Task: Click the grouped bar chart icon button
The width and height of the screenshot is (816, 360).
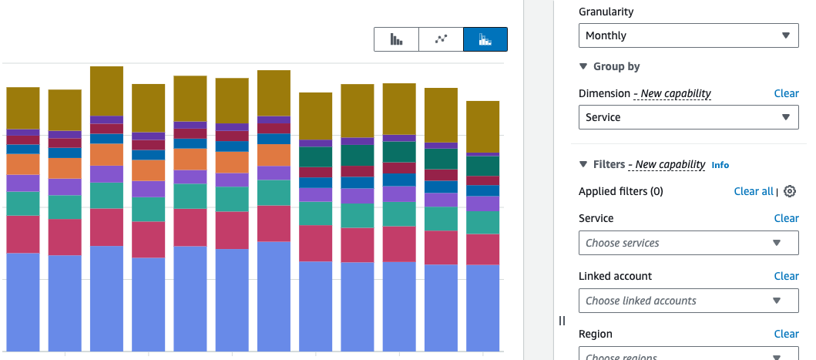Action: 396,39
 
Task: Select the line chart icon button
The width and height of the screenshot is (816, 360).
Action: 441,39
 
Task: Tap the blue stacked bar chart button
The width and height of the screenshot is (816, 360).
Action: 485,39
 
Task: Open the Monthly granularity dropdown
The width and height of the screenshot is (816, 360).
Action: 689,35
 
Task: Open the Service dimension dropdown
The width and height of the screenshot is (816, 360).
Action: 689,117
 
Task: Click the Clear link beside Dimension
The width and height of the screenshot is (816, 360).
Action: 787,93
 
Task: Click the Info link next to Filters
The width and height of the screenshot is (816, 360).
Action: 720,165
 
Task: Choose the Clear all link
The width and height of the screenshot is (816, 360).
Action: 754,191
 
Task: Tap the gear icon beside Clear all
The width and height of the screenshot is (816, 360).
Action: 790,191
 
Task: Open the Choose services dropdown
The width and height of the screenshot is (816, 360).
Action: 689,243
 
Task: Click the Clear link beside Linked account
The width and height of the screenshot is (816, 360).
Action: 787,276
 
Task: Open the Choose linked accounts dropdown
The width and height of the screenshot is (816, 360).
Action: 689,301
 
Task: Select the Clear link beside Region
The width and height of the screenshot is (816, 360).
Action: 787,334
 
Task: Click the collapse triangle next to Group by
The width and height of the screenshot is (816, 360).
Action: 583,66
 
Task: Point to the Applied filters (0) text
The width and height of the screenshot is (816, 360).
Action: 621,191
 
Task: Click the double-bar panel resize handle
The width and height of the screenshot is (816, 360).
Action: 562,321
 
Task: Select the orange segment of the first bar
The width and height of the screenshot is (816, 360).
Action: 23,164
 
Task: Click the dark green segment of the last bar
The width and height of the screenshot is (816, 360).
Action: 482,167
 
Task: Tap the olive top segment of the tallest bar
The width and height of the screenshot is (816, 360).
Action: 106,91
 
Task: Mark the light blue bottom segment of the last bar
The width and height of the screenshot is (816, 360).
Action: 482,308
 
